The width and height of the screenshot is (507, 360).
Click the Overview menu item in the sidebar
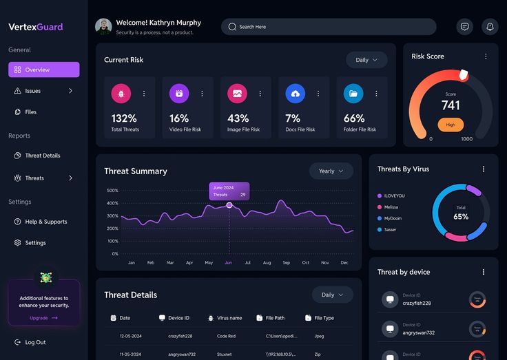point(43,70)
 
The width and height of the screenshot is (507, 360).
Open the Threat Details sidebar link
point(42,156)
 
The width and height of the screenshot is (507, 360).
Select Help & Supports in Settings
point(45,222)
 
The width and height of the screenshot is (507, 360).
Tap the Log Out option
point(35,342)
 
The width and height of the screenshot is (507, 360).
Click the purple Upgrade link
point(43,318)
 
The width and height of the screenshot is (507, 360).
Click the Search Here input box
point(328,27)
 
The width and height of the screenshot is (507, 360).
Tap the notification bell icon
point(490,27)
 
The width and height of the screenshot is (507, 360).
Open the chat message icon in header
point(465,27)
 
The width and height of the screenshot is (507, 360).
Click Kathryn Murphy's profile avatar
point(103,27)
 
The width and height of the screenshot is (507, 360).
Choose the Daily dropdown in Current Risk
point(366,60)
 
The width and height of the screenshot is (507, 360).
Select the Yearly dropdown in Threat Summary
point(331,171)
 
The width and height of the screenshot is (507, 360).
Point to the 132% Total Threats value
point(124,118)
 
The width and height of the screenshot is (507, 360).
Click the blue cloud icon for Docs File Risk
point(295,93)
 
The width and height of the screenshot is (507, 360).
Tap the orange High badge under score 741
point(451,125)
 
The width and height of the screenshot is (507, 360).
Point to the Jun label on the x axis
point(228,263)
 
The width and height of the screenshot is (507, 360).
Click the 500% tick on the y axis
point(113,191)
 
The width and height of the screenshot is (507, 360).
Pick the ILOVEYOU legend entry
point(394,195)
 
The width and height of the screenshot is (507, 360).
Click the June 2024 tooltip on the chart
point(229,191)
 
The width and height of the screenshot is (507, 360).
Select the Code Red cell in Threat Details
point(227,336)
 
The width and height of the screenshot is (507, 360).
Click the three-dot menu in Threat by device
point(484,272)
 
